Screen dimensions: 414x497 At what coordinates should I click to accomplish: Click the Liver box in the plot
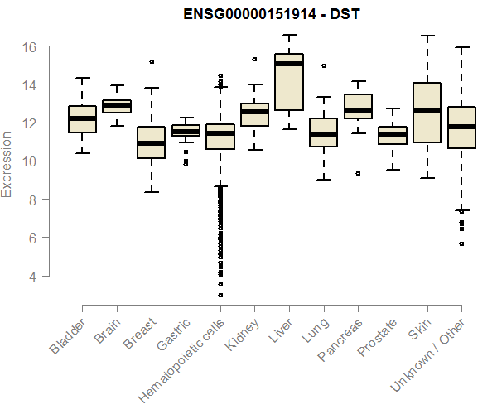(289, 82)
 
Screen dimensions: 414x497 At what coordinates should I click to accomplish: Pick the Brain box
(117, 106)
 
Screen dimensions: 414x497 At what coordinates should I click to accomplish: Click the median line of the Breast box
(151, 143)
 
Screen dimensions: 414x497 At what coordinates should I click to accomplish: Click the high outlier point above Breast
(151, 61)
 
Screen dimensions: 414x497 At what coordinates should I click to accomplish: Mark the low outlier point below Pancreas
(358, 173)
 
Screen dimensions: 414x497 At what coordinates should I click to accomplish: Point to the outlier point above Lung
(324, 65)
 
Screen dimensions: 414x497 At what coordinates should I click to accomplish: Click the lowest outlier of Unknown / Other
(461, 243)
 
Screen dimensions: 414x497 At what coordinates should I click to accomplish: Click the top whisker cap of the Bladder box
(82, 78)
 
